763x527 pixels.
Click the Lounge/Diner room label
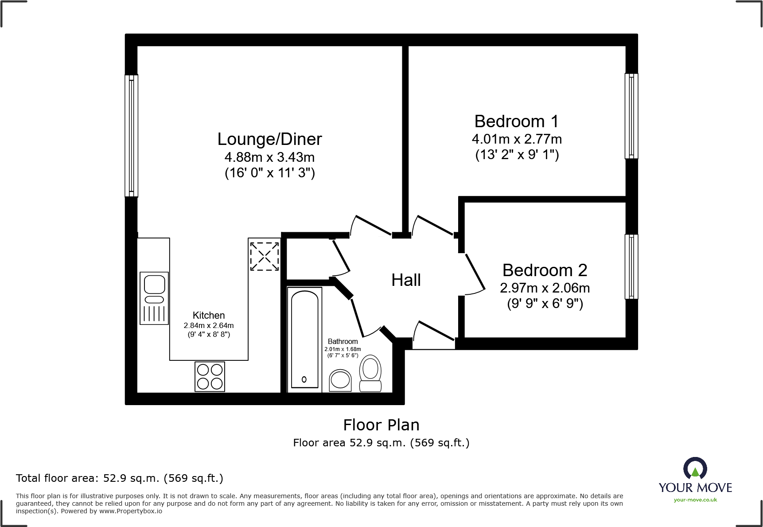(269, 139)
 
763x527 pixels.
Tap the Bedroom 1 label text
(516, 121)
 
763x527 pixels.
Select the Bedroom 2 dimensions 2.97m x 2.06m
(545, 288)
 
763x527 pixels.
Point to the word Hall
(406, 280)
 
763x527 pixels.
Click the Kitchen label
(209, 315)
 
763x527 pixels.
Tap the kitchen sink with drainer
(154, 298)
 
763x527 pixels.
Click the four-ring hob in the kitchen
(210, 376)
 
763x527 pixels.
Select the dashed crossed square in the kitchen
(264, 256)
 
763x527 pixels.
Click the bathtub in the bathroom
(304, 339)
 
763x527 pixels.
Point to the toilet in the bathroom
(370, 374)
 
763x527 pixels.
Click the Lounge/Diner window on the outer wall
(131, 135)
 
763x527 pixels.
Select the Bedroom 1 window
(631, 116)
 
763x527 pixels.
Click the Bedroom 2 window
(631, 266)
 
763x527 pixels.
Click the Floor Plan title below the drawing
(381, 425)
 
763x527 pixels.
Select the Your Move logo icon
(695, 468)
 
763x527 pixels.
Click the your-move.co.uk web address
(695, 500)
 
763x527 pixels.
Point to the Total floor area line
(119, 478)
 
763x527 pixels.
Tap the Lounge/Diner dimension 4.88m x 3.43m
(269, 157)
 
